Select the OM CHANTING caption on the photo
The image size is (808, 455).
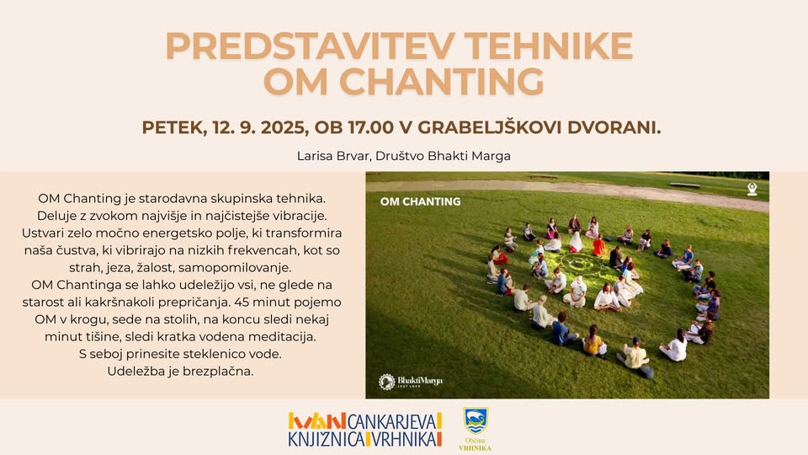[420, 201]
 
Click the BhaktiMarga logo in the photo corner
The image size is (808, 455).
[411, 382]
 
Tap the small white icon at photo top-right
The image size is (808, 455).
[752, 190]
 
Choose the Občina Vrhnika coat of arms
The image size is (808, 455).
[476, 420]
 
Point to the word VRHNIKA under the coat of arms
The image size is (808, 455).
[476, 447]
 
